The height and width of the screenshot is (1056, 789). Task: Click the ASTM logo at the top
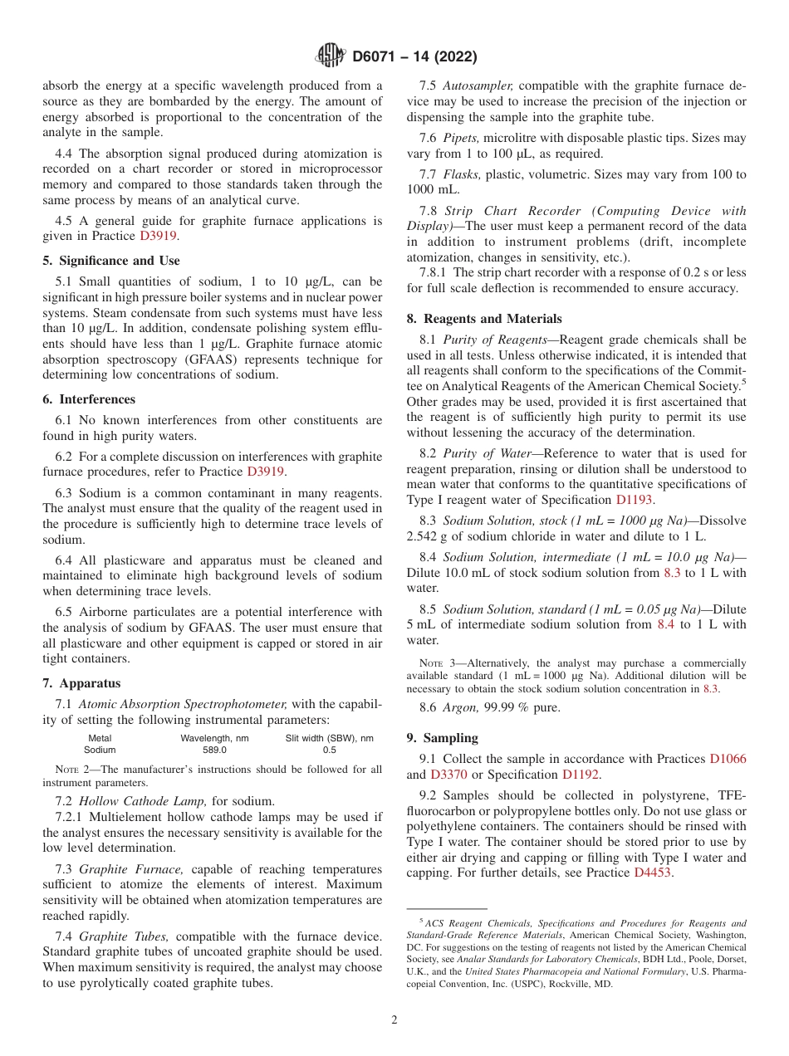click(331, 56)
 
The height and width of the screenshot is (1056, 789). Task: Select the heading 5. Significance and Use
click(110, 261)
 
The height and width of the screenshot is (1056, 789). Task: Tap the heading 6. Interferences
click(89, 399)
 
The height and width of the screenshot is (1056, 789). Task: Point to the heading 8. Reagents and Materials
click(484, 319)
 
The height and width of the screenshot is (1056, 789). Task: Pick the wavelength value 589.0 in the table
click(214, 750)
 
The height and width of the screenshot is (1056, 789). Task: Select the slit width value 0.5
click(329, 750)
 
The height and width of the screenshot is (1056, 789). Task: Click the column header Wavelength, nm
click(214, 738)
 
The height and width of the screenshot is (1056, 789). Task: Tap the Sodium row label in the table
click(100, 750)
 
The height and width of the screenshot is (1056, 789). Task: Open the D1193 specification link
click(634, 500)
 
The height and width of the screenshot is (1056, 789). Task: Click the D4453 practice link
click(653, 873)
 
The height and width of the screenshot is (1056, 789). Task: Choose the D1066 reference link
click(728, 759)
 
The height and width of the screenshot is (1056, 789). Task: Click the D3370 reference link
click(448, 775)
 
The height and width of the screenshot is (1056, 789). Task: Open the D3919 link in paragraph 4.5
click(158, 237)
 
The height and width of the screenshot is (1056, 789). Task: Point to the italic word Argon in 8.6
click(461, 707)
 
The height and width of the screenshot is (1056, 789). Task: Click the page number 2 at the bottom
click(394, 1020)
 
